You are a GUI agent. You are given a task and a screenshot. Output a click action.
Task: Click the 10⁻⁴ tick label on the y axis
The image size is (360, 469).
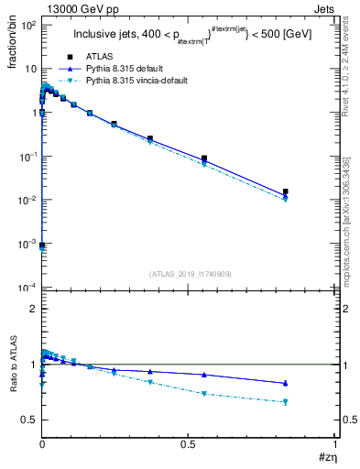coord(27,288)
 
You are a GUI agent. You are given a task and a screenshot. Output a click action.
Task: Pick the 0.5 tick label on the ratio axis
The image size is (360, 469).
coord(29,420)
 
